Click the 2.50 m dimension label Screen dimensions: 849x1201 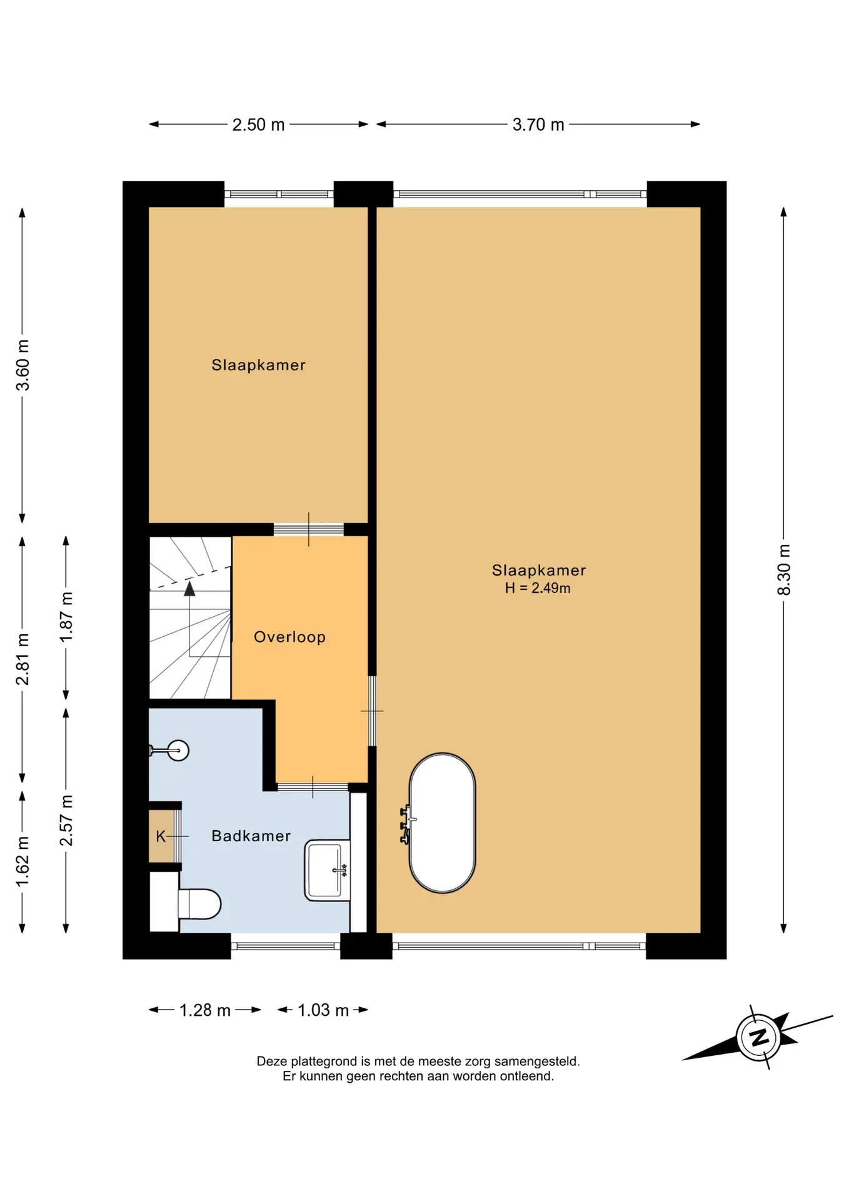coord(258,124)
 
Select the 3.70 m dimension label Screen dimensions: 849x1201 coord(538,124)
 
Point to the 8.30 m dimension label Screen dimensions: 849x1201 coord(784,569)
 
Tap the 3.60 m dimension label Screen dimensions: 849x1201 coord(23,365)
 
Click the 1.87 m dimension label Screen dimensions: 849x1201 coord(66,617)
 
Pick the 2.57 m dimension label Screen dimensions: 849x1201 coord(66,820)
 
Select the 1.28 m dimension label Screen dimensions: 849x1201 coord(205,1010)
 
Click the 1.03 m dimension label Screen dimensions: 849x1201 coord(323,1010)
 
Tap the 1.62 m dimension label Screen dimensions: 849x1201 coord(23,861)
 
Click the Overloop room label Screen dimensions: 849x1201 coord(289,637)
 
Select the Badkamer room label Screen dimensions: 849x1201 coord(251,836)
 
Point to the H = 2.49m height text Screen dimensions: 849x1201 coord(538,588)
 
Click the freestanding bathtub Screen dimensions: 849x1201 coord(442,823)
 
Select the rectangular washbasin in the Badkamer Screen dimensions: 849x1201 coord(327,870)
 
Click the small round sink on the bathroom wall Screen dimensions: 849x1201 coord(178,750)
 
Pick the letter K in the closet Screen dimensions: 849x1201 coord(161,836)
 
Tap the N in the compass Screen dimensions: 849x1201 coord(759,1037)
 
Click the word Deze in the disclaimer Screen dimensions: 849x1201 coord(272,1061)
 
